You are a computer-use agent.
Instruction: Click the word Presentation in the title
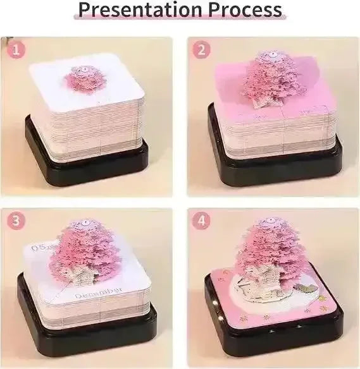point(129,11)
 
